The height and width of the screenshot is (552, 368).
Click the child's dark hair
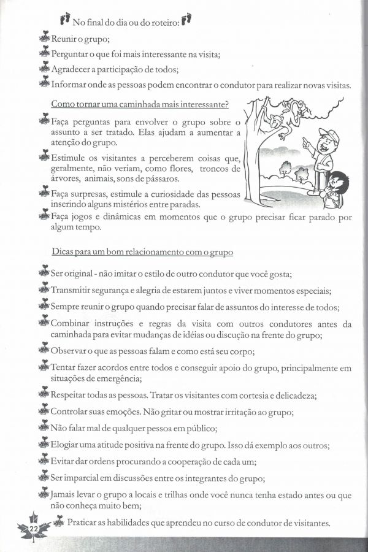coord(339,180)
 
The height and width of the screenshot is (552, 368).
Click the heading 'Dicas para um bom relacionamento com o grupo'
coord(142,252)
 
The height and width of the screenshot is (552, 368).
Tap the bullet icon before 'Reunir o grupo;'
coord(44,39)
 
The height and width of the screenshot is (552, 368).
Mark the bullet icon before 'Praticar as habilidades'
coord(58,523)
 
